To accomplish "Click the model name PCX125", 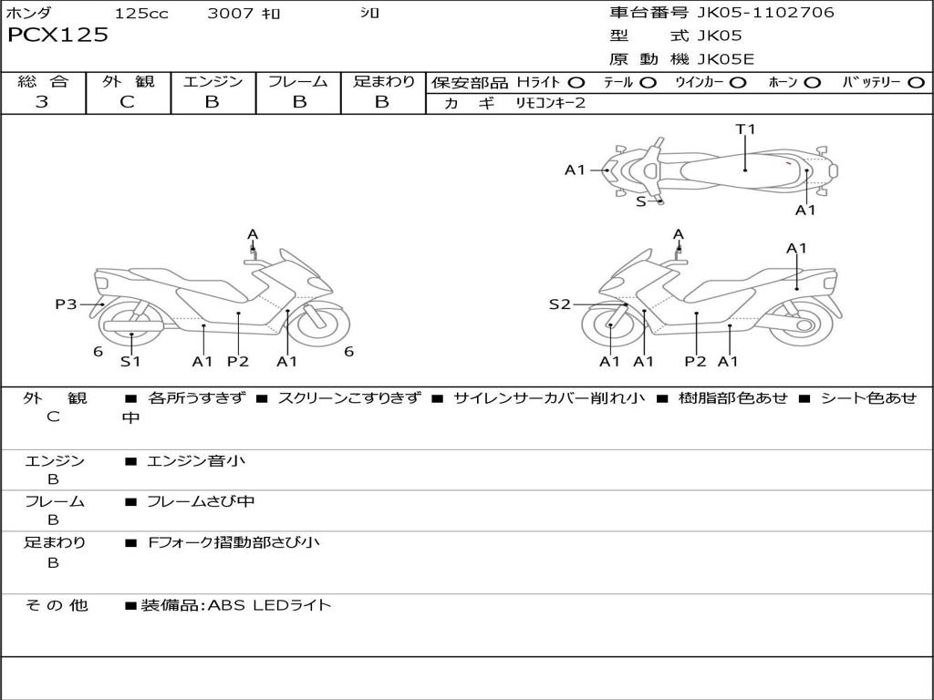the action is (57, 35).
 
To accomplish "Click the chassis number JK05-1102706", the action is (765, 12).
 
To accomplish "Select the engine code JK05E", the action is (725, 59).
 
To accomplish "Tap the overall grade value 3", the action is (42, 101).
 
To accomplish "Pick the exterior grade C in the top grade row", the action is (128, 101).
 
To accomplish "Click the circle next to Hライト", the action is (576, 83).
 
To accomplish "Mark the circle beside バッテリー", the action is (916, 83).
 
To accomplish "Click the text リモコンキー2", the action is (550, 103).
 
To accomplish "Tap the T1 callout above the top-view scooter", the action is (745, 129).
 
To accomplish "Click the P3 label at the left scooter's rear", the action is (66, 304).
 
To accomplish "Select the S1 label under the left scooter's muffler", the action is (130, 361).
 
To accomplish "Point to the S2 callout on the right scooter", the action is (559, 304).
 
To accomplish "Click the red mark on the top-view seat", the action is (787, 162).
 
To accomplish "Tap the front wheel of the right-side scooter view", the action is (611, 325).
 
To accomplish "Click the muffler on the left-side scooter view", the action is (133, 326).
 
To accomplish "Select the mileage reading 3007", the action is (230, 13).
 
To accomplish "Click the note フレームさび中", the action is (200, 501).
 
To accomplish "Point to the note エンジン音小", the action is (195, 460).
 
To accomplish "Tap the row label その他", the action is (56, 605).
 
